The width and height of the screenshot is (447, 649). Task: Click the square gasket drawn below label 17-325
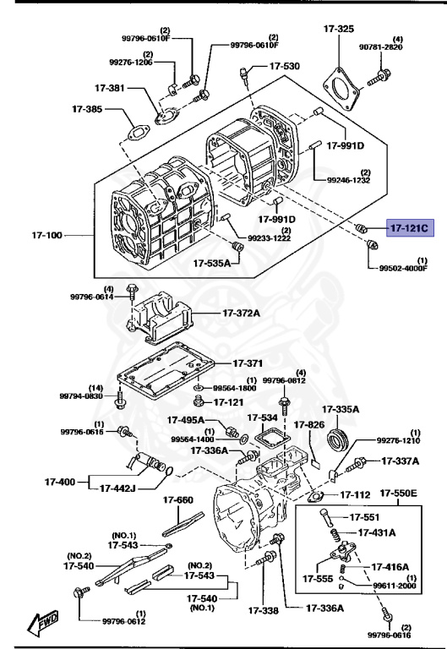(x=344, y=83)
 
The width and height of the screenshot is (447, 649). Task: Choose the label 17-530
(x=284, y=66)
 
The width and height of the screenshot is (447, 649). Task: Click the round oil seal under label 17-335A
(x=338, y=439)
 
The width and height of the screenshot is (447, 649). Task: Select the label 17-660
(x=178, y=500)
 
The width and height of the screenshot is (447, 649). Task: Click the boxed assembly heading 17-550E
(x=400, y=493)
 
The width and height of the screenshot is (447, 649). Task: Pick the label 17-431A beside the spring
(x=382, y=532)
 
